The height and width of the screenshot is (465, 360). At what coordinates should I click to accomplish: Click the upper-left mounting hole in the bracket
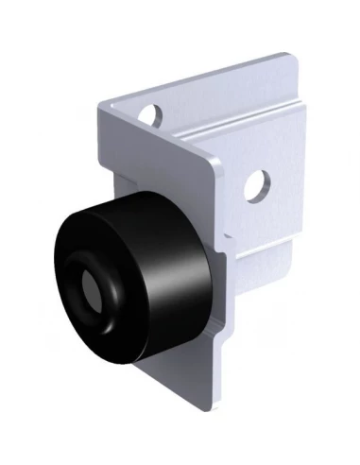[148, 115]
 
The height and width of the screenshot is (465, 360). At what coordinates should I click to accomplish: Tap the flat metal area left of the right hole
[231, 189]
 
